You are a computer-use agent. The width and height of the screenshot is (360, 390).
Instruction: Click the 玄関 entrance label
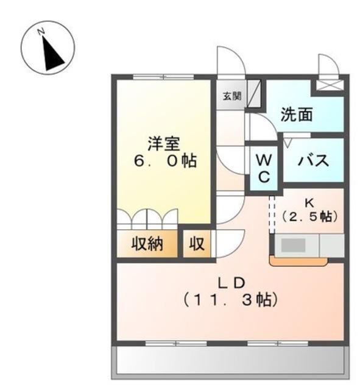(232, 96)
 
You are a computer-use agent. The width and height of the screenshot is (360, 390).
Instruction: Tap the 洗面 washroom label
(297, 115)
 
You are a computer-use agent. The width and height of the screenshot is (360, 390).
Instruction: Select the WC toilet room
(264, 168)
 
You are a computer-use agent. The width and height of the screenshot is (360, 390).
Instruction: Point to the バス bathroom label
(314, 160)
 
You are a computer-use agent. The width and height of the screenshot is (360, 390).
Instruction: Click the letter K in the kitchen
(309, 203)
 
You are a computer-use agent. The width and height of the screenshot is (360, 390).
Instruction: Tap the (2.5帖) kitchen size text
(309, 216)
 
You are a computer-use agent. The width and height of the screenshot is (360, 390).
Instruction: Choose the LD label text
(231, 283)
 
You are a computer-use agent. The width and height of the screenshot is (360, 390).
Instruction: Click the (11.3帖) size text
(230, 300)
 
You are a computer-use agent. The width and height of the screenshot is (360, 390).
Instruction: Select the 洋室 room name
(164, 144)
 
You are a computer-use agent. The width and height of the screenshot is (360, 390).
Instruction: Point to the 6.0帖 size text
(166, 161)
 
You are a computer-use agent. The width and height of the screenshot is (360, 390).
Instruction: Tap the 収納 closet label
(147, 244)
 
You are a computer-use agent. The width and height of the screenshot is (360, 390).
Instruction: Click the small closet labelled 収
(197, 244)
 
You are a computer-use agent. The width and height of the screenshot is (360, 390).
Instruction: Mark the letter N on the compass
(41, 32)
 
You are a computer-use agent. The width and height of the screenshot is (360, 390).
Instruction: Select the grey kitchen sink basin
(294, 245)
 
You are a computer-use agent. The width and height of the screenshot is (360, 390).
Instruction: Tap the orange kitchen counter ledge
(298, 262)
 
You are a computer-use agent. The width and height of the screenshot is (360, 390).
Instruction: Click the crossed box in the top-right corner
(330, 85)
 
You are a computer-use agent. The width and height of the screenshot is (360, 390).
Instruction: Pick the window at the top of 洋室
(163, 77)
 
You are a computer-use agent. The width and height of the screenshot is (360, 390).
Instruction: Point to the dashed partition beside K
(272, 214)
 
